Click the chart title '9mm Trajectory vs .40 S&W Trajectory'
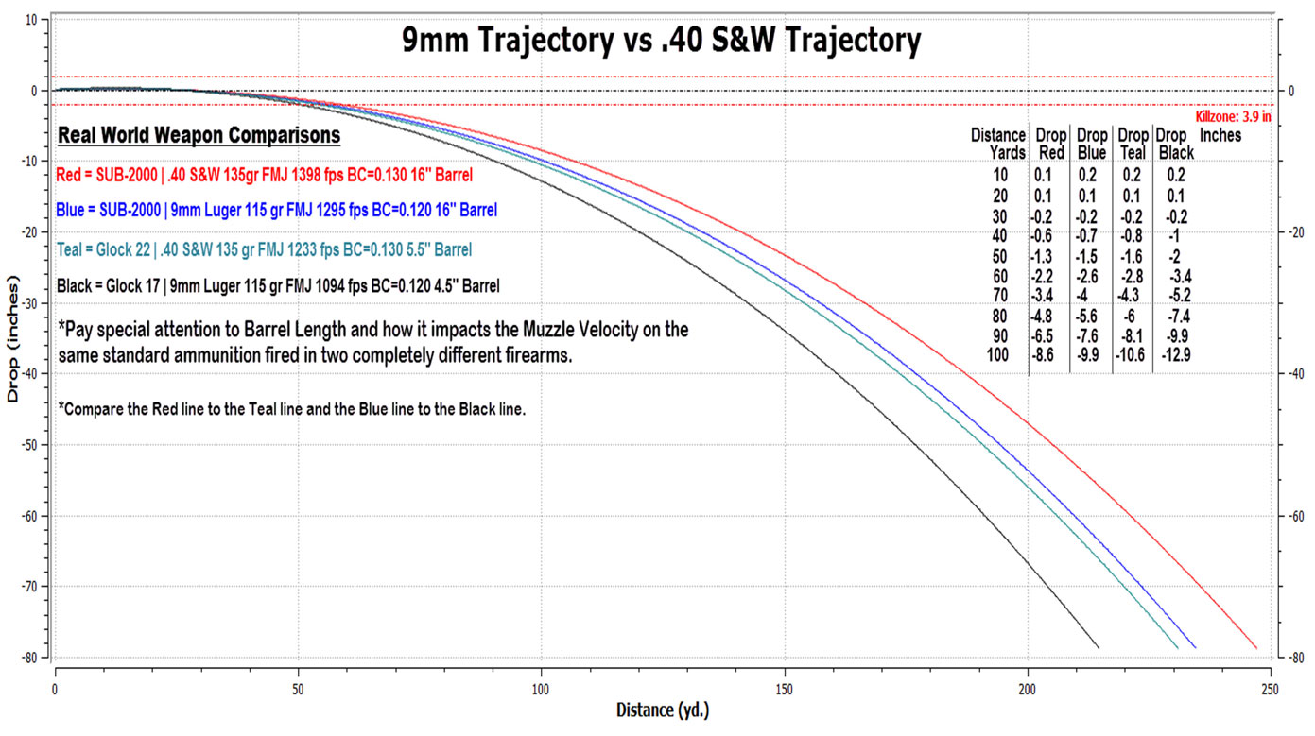tap(658, 40)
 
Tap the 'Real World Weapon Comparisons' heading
tap(199, 135)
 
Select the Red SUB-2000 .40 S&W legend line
tap(264, 175)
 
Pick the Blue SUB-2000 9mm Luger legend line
tap(276, 210)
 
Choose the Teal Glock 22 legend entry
tap(264, 249)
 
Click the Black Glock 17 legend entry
tap(278, 284)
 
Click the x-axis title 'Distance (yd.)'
tap(663, 710)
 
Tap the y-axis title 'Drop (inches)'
tap(12, 339)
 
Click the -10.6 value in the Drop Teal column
tap(1132, 355)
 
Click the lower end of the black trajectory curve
tap(1098, 646)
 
